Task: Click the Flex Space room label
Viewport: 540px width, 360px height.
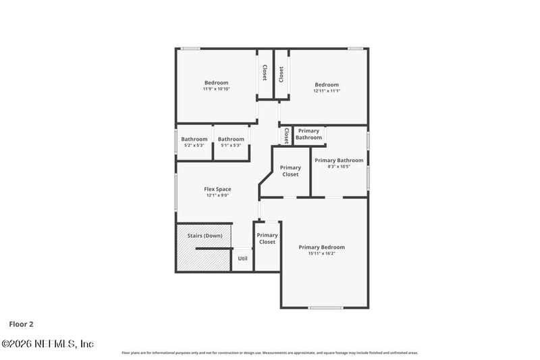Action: coord(217,189)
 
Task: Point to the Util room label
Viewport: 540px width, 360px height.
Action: coord(242,259)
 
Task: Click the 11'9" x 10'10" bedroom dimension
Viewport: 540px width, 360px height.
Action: coord(216,88)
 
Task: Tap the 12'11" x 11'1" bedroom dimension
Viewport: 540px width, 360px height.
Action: coord(327,91)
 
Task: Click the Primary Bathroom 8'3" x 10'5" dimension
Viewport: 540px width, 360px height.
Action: coord(339,167)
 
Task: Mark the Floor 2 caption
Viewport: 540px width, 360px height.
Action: coord(21,324)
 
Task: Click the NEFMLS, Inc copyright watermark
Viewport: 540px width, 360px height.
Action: coord(47,344)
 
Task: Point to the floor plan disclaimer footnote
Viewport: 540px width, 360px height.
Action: coord(270,353)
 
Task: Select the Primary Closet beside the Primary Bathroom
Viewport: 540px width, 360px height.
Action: coord(290,171)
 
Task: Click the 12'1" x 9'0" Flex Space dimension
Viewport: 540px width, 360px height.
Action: coord(217,196)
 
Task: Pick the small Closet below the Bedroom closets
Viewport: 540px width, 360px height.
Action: coord(286,136)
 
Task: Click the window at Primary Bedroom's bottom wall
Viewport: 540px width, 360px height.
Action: coord(326,308)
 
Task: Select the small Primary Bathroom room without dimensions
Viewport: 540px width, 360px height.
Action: coord(309,134)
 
